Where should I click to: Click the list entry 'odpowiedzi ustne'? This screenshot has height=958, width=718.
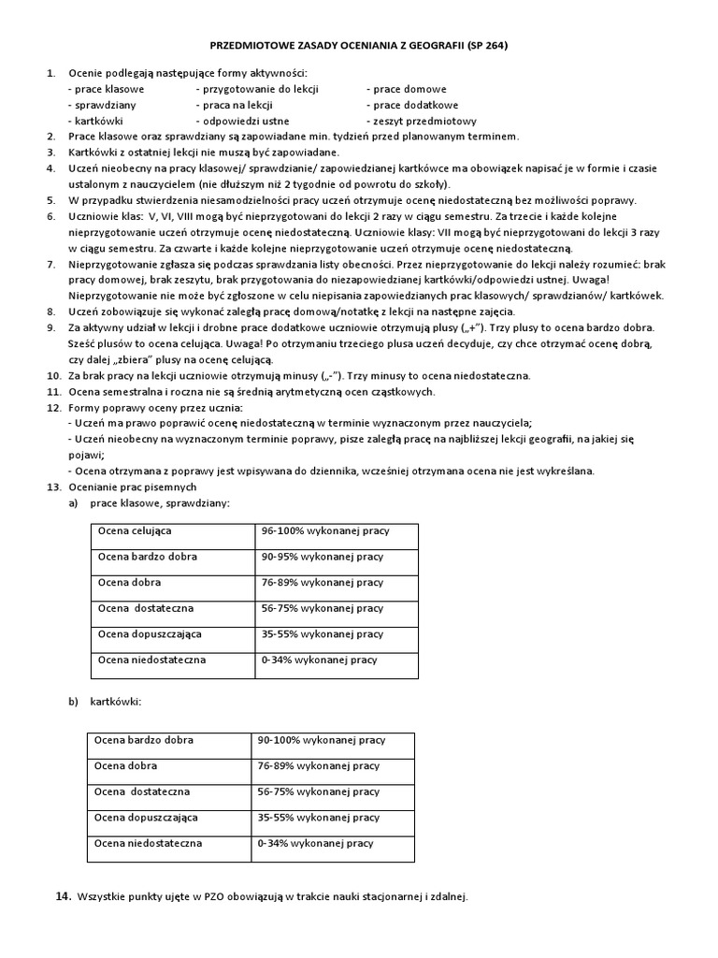(x=242, y=121)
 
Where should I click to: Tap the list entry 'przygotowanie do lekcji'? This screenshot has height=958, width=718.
(x=257, y=89)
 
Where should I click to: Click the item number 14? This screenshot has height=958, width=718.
(x=63, y=896)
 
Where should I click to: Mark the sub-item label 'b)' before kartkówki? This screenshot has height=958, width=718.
(x=72, y=701)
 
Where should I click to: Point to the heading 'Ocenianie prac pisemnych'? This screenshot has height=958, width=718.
(x=132, y=487)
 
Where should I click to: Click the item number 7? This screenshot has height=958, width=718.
(x=51, y=265)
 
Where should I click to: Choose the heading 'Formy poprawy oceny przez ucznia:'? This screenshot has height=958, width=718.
(x=155, y=409)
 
